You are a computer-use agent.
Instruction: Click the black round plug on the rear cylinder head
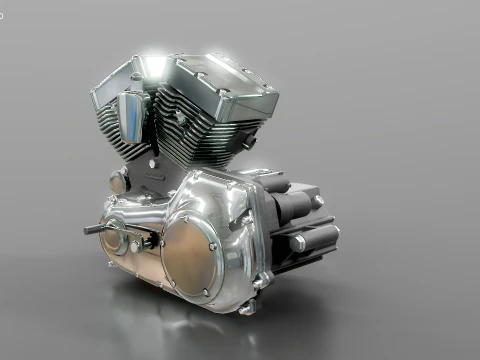click(247, 141)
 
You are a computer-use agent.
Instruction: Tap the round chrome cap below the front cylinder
click(118, 183)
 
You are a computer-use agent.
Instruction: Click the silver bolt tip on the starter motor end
click(318, 201)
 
